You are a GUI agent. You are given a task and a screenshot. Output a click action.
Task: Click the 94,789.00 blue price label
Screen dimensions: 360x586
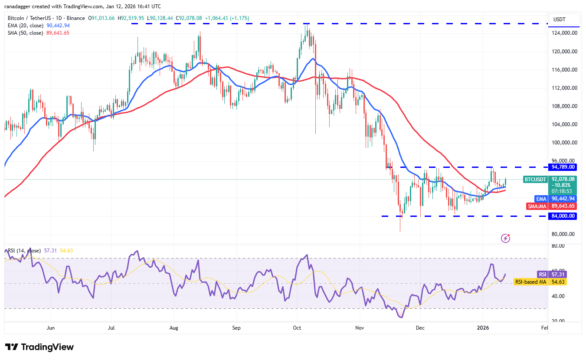pyautogui.click(x=563, y=167)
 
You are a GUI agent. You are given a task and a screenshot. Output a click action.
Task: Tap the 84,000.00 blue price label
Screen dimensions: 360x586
pyautogui.click(x=563, y=216)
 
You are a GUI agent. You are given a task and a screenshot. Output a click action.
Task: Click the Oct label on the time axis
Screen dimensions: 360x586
pyautogui.click(x=297, y=328)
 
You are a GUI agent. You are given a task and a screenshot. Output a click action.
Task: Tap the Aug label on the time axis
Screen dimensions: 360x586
pyautogui.click(x=174, y=328)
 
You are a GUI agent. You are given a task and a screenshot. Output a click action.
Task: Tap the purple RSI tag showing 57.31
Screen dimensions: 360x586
pyautogui.click(x=542, y=275)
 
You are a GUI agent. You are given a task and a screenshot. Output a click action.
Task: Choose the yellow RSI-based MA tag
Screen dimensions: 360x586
pyautogui.click(x=530, y=282)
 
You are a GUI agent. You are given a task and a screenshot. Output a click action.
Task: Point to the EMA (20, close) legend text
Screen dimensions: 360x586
pyautogui.click(x=26, y=26)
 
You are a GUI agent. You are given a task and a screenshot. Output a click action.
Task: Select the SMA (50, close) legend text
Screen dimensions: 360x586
pyautogui.click(x=26, y=33)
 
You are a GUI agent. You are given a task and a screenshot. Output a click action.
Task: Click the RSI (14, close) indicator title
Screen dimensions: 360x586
pyautogui.click(x=23, y=251)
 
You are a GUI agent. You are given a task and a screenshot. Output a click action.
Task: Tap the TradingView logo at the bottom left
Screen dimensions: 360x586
pyautogui.click(x=39, y=347)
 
